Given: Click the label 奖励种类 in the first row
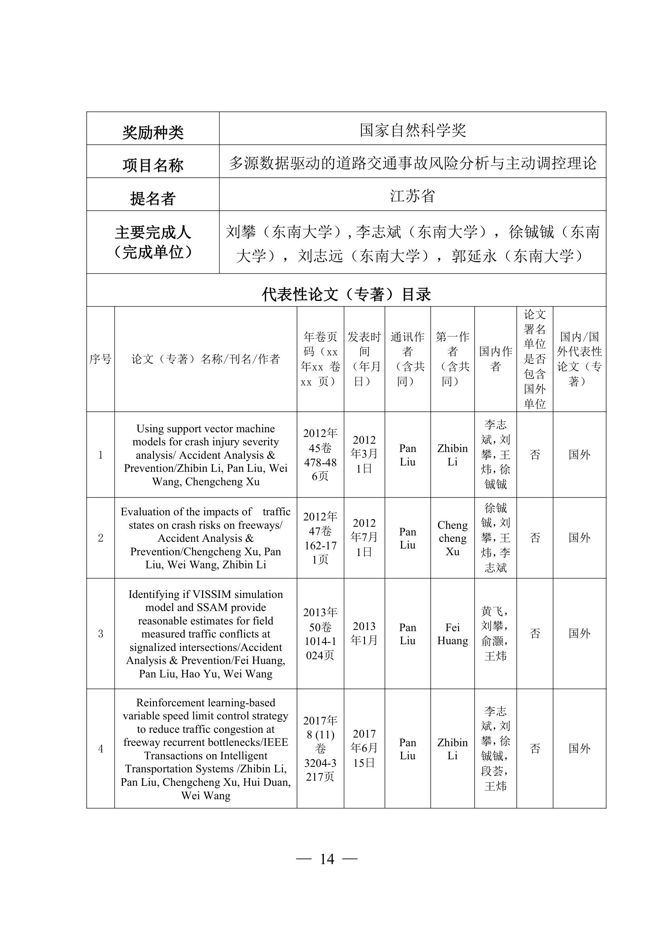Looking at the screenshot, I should (x=153, y=132).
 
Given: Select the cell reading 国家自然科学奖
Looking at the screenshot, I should (x=412, y=130).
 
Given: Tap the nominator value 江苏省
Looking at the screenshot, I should (x=412, y=196).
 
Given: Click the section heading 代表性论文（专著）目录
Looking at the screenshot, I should (x=346, y=295).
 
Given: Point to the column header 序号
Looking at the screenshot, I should (x=100, y=359).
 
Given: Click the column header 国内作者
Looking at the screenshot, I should (x=495, y=359).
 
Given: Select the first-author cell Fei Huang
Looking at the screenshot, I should (x=452, y=634).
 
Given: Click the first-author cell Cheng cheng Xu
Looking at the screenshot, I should (x=452, y=538).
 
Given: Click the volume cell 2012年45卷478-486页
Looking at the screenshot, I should (x=320, y=454).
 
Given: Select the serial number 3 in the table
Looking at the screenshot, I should (x=100, y=634).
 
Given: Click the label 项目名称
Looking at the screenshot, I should (x=153, y=165).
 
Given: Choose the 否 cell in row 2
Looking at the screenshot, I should (x=535, y=538).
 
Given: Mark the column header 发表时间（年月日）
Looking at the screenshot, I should (x=364, y=359).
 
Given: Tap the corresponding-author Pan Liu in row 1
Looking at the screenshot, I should (x=408, y=455).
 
